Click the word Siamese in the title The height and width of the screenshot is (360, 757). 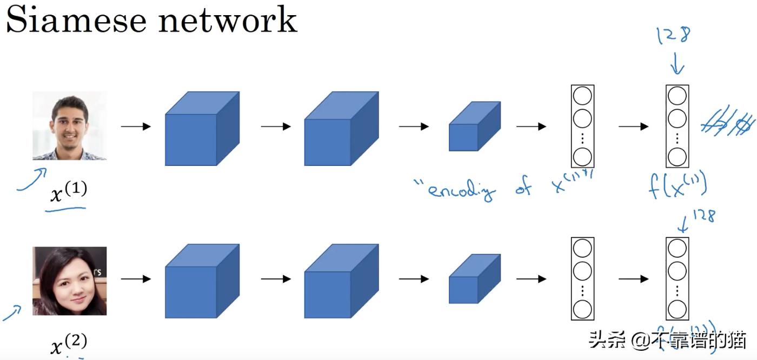(x=76, y=20)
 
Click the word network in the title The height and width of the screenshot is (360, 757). (x=228, y=20)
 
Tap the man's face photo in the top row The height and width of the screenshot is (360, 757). (x=70, y=125)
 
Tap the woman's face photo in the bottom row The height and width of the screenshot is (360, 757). (x=70, y=281)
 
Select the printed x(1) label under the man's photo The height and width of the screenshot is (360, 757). (x=68, y=192)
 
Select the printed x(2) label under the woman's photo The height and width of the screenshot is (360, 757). (x=68, y=343)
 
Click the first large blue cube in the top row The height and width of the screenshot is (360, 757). (x=201, y=130)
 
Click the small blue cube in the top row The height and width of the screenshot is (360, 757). (x=474, y=127)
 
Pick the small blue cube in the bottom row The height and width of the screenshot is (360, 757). (x=474, y=279)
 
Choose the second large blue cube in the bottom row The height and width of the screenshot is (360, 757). (x=340, y=282)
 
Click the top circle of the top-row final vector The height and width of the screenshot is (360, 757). (x=677, y=96)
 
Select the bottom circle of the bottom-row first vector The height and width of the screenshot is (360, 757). (x=582, y=310)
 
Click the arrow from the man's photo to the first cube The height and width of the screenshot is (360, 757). (x=135, y=126)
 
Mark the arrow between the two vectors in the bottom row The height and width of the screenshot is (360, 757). (x=633, y=279)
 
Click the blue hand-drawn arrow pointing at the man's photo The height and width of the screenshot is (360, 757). (x=31, y=179)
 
